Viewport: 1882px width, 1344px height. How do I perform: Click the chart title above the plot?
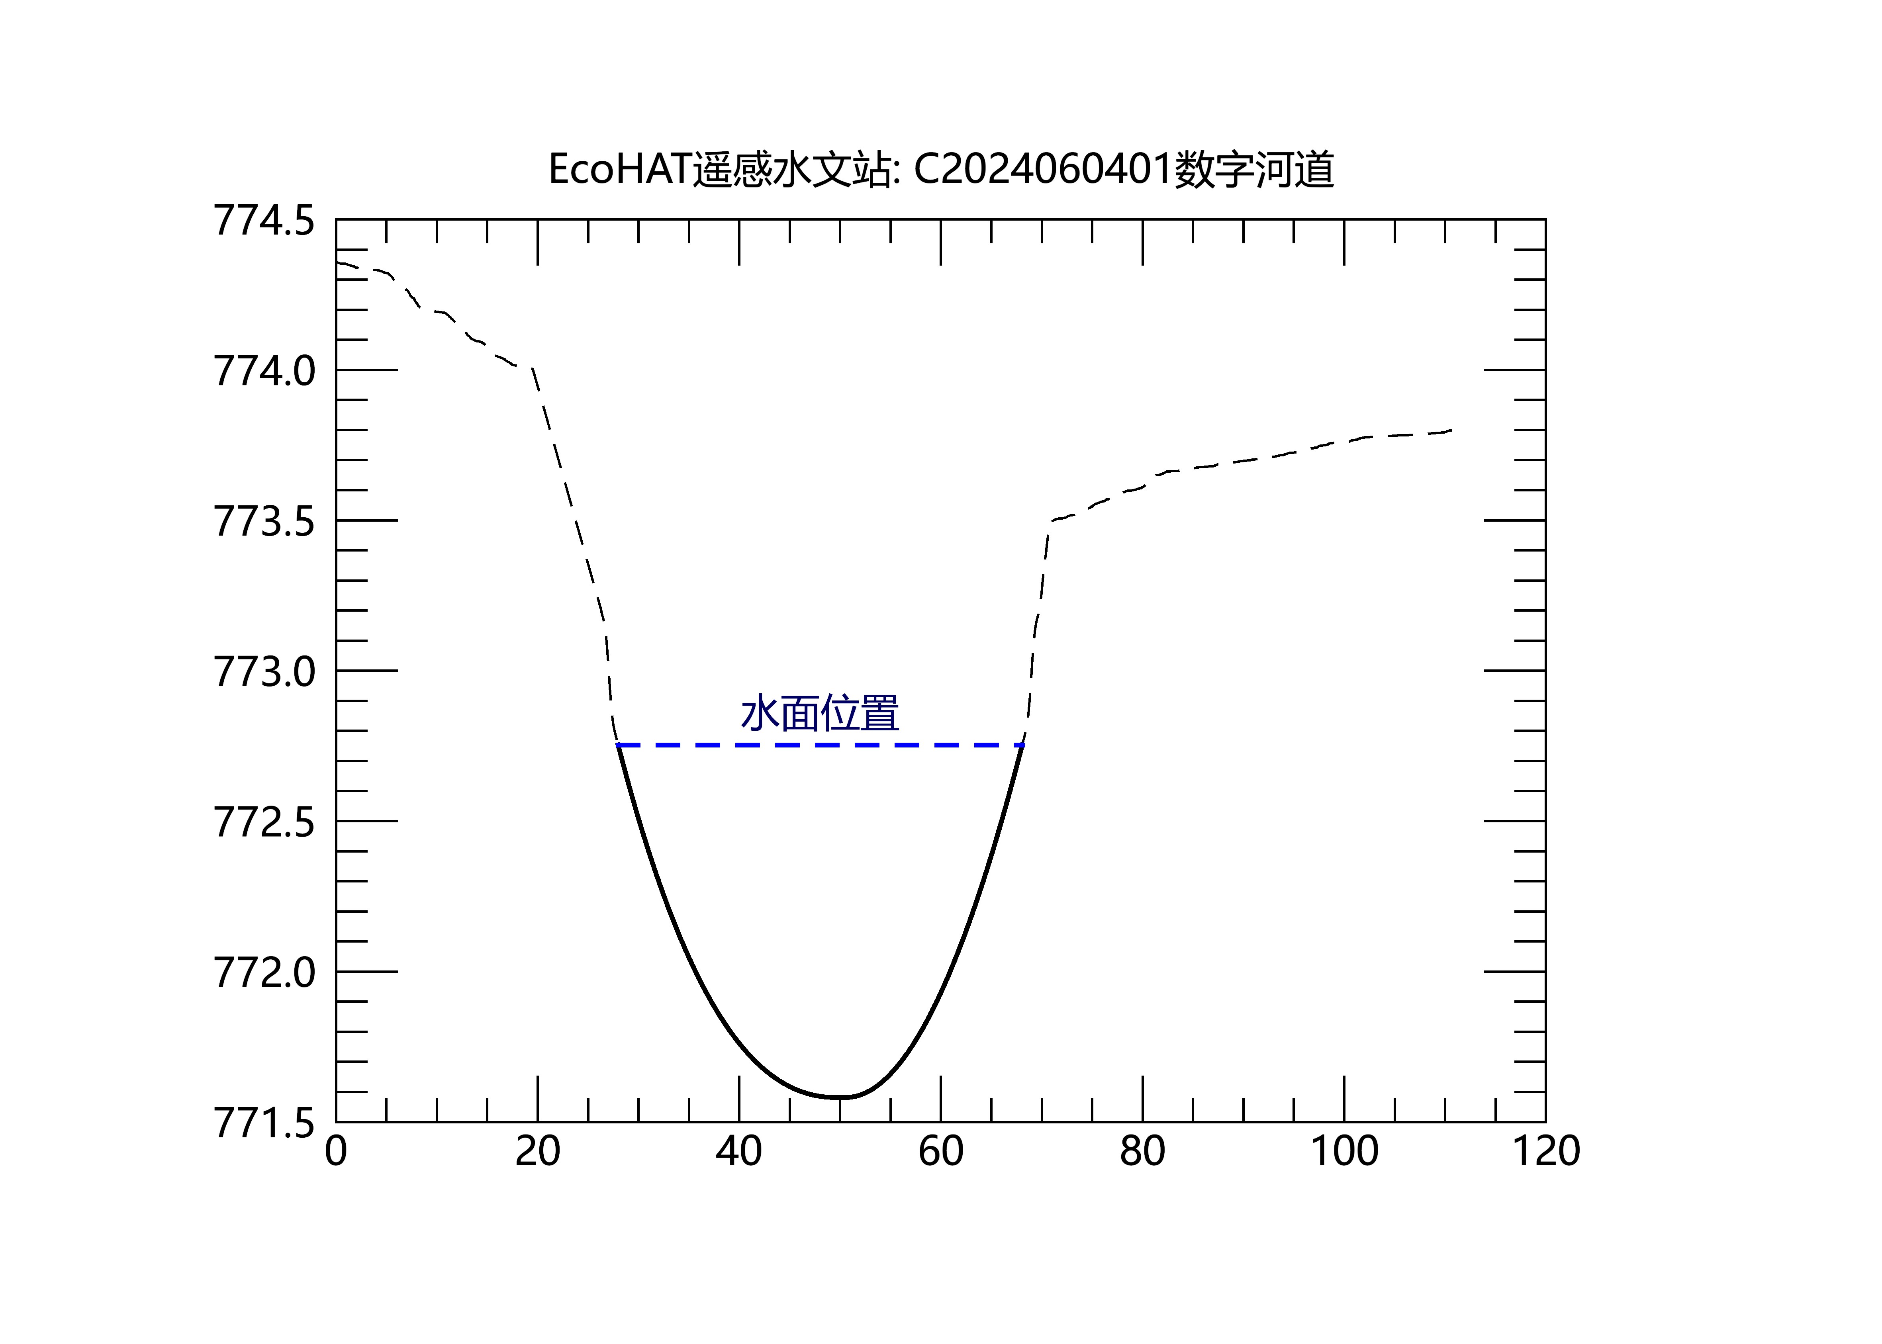point(941,170)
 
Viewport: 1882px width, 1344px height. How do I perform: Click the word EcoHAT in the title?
point(619,170)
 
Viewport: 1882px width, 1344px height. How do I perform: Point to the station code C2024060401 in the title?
point(1043,170)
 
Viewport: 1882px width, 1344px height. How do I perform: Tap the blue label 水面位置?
point(819,713)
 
